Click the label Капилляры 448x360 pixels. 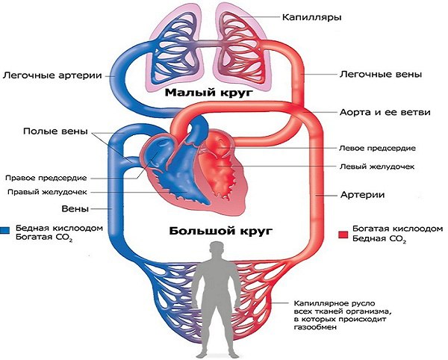point(311,18)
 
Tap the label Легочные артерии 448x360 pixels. point(52,75)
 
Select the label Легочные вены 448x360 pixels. point(381,75)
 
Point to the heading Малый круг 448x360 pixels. point(210,93)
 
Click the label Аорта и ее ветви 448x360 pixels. point(385,112)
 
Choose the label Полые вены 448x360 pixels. point(55,131)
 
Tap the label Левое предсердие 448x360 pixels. point(377,149)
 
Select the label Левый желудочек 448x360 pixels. point(377,167)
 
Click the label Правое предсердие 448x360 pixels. point(46,178)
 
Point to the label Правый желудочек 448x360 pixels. point(47,192)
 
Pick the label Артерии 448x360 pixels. point(362,195)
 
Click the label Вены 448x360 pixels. point(75,209)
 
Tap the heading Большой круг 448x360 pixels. point(220,231)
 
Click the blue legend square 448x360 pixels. point(5,230)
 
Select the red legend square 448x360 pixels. point(343,235)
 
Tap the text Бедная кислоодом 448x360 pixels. point(59,229)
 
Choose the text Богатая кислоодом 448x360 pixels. point(398,229)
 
